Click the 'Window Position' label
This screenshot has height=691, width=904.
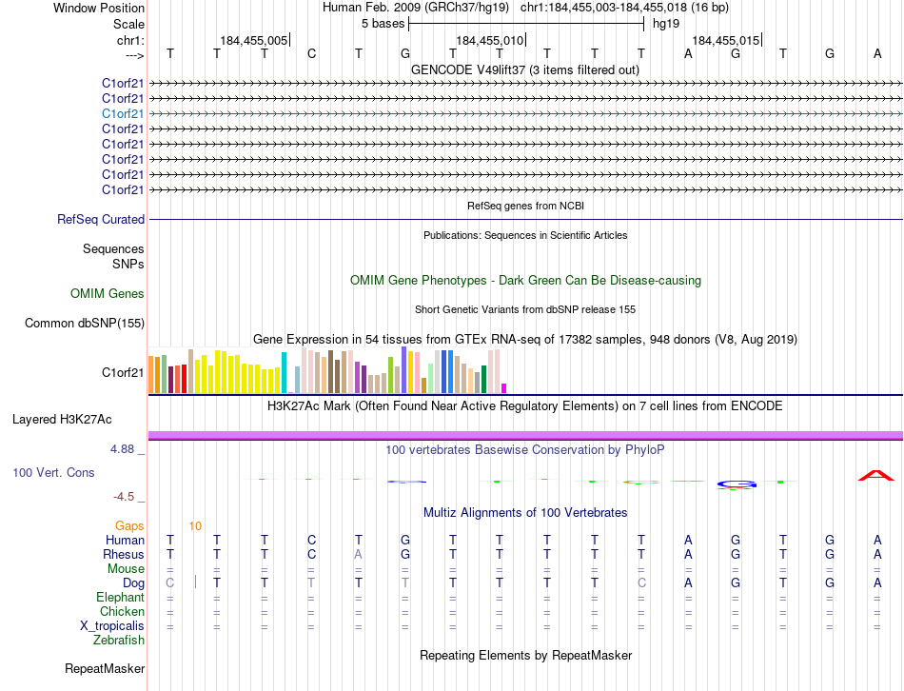[x=99, y=8]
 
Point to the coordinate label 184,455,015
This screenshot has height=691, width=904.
[x=726, y=41]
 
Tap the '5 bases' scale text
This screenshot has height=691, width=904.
[x=383, y=24]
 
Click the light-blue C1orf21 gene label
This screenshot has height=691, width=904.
[x=123, y=113]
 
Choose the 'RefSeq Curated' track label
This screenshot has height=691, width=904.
[x=101, y=220]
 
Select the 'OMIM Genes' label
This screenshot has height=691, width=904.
[x=108, y=294]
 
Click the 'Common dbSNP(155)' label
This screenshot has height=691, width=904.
[x=85, y=324]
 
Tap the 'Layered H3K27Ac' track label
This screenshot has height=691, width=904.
[x=62, y=419]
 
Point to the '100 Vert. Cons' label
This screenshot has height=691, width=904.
[x=54, y=472]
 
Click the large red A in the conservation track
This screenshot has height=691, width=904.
[x=876, y=475]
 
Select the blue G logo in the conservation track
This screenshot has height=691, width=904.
[x=736, y=484]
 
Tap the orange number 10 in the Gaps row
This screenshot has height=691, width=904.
[x=195, y=525]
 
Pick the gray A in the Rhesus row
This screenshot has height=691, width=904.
[x=358, y=554]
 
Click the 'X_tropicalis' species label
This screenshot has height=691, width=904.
[x=112, y=625]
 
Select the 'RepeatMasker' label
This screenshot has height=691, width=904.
[x=104, y=669]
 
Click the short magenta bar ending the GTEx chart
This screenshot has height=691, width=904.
[x=503, y=387]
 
